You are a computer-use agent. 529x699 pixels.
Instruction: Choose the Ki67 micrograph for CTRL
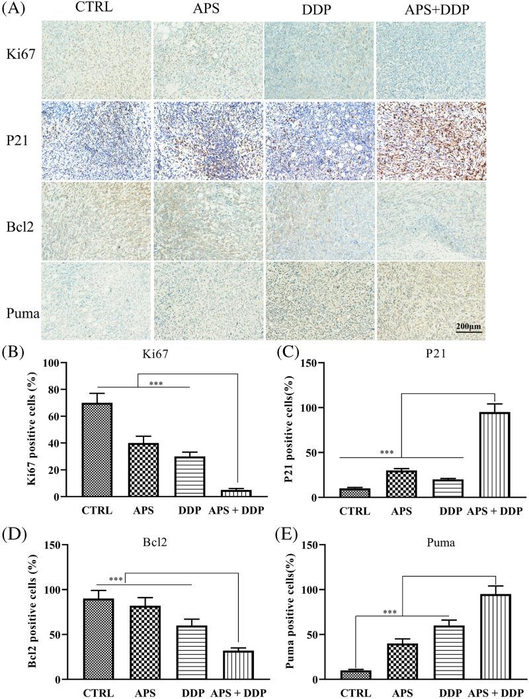97,60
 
